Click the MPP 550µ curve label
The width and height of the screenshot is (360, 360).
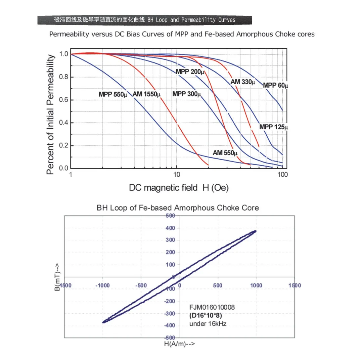tap(113, 94)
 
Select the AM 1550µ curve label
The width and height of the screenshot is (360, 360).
tap(147, 94)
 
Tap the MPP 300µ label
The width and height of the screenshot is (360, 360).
tap(186, 94)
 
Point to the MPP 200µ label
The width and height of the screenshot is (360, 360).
tap(190, 72)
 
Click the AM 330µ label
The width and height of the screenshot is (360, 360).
tap(242, 82)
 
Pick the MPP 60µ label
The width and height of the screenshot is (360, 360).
tap(275, 85)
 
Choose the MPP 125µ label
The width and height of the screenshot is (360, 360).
tap(274, 127)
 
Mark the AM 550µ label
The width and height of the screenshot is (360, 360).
tap(227, 153)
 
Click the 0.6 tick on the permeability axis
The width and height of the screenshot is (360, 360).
tap(64, 100)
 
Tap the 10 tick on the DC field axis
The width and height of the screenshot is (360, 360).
tap(177, 175)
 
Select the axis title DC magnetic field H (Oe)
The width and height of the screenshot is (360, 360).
tap(179, 188)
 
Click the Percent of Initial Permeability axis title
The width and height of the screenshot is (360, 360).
tap(50, 115)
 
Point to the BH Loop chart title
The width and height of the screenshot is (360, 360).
tap(178, 208)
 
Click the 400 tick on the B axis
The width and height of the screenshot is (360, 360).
tap(171, 228)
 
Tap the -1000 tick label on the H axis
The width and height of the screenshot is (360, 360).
tap(103, 285)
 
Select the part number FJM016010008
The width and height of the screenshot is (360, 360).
tap(212, 307)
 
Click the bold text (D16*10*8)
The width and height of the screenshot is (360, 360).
tap(206, 315)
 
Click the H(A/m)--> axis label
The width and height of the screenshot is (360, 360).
tap(179, 344)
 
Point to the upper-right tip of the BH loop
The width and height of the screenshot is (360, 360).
tap(256, 231)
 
